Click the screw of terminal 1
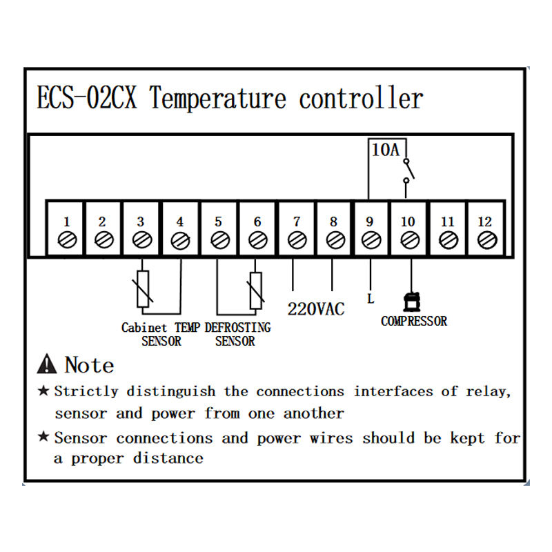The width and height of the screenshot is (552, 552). [66, 240]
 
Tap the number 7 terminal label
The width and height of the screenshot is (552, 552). [297, 221]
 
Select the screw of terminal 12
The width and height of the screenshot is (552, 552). [486, 240]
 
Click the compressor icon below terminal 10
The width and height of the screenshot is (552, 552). [412, 302]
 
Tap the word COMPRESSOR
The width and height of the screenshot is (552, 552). [414, 321]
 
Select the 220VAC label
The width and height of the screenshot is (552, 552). [315, 308]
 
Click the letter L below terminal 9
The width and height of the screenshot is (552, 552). [371, 299]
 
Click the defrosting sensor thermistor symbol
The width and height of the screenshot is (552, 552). [255, 290]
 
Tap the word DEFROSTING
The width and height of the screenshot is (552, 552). [238, 327]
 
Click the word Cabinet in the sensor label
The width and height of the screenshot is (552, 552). [144, 327]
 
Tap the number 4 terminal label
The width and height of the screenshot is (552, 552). [180, 221]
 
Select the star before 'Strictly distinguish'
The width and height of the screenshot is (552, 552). [43, 391]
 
